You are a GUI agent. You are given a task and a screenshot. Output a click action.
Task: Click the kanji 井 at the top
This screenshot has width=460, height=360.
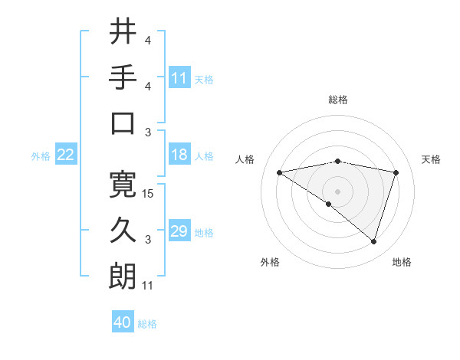123,32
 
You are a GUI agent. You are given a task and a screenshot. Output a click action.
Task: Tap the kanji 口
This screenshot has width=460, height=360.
123,124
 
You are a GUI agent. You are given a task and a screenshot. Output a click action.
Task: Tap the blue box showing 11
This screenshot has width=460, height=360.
179,77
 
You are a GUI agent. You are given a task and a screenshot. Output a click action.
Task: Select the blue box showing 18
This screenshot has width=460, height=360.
179,155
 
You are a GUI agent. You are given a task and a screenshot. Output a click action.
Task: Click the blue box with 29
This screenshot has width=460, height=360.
179,231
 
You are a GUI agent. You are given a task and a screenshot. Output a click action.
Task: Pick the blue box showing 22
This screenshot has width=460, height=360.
66,155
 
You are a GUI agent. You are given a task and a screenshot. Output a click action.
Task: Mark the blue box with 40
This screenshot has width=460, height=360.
123,322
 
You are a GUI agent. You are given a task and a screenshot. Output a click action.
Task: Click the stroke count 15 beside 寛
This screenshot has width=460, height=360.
149,194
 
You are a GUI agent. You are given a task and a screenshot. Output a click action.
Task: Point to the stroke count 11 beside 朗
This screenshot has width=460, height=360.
149,286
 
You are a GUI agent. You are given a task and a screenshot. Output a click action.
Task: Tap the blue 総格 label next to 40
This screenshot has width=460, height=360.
147,323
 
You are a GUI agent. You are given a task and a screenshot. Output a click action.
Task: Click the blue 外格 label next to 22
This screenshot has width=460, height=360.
41,155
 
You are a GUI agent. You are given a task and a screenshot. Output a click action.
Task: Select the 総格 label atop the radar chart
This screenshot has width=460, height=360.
338,100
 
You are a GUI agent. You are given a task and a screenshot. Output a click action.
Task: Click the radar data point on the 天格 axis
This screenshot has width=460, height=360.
396,172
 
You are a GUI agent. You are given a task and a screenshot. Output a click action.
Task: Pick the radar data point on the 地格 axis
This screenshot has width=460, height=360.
374,241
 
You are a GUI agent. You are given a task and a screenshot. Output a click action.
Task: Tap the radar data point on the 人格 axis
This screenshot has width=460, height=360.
280,172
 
